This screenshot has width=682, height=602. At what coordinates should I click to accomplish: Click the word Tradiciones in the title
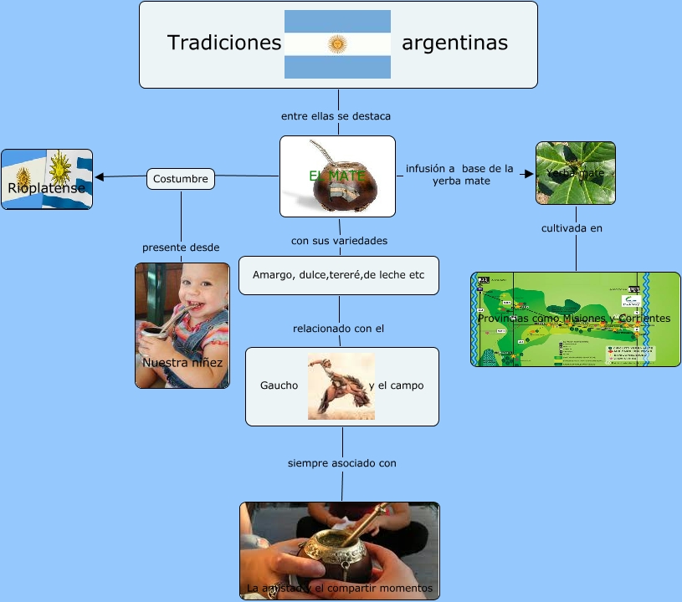tap(223, 43)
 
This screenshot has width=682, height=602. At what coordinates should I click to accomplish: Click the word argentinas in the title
tap(454, 43)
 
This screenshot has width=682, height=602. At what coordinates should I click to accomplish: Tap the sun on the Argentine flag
tap(337, 43)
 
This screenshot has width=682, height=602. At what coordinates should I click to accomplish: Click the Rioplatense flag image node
tap(47, 179)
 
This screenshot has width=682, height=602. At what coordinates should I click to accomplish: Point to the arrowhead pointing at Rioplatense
tap(100, 176)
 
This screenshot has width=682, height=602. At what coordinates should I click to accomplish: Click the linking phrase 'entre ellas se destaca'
tap(336, 115)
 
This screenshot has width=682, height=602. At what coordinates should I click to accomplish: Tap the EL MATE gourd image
tap(337, 176)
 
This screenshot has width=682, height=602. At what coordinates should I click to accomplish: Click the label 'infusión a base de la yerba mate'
tap(459, 174)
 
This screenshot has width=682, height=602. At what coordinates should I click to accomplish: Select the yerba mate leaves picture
tap(575, 173)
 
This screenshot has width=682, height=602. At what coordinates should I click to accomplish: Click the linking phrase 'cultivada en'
tap(572, 227)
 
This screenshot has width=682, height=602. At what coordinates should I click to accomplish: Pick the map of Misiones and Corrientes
tap(575, 319)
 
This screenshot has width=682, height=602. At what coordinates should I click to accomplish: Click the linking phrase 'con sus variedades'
tap(339, 241)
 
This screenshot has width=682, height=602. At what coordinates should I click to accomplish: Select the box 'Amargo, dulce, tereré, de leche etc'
tap(338, 275)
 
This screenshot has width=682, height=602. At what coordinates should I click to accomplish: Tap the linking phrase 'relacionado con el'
tap(338, 329)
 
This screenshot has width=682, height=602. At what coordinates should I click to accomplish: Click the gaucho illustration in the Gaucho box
tap(341, 385)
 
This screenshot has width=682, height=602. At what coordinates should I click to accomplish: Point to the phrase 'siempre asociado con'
tap(341, 462)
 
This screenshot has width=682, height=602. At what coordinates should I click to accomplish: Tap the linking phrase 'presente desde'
tap(181, 247)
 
